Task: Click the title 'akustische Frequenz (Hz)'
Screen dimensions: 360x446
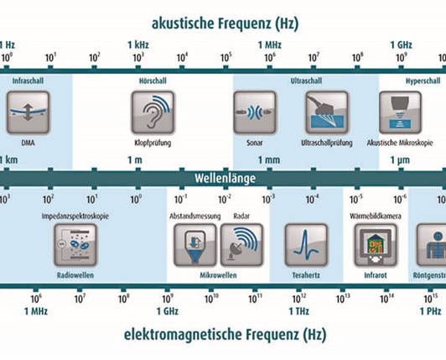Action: tap(224, 23)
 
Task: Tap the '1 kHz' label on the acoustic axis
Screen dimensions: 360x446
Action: tap(138, 43)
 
